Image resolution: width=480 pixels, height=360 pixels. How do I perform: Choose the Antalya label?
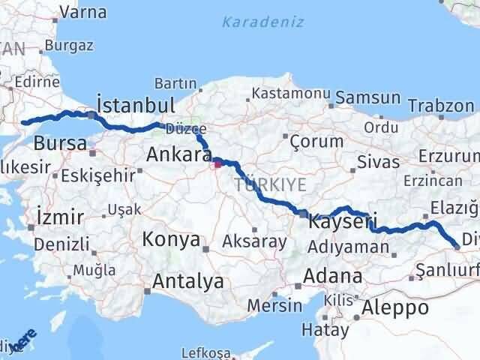click(x=188, y=281)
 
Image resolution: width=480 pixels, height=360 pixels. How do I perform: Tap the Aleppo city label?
click(x=394, y=307)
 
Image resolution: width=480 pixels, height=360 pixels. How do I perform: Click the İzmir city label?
click(x=59, y=218)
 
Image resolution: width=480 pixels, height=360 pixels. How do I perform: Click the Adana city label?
click(x=332, y=275)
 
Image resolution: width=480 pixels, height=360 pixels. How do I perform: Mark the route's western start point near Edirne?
click(x=25, y=122)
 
